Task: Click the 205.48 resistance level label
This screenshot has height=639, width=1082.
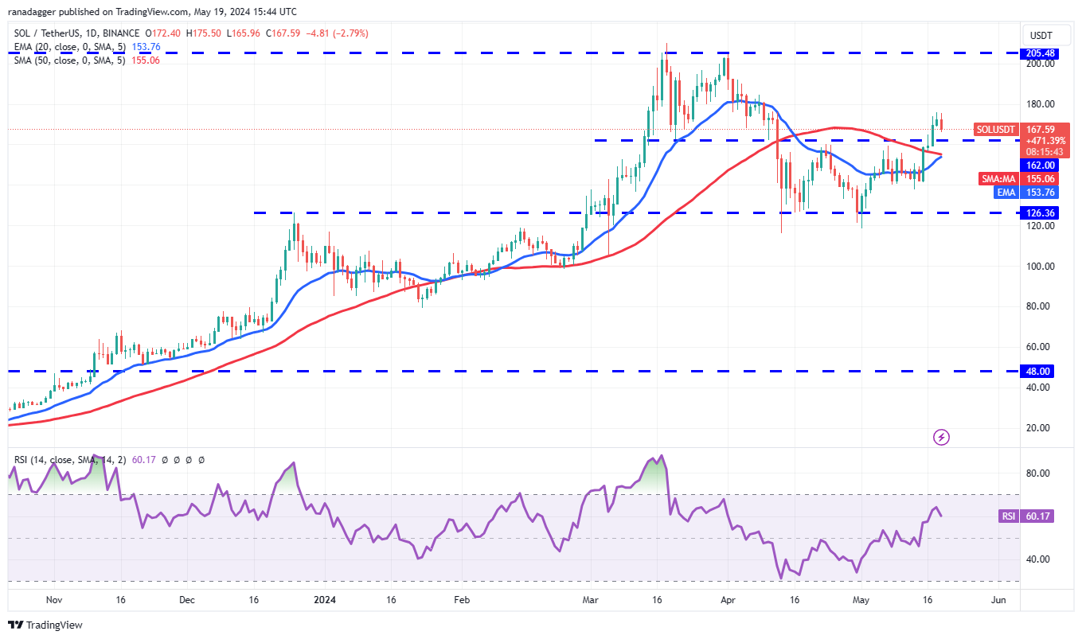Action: tap(1040, 53)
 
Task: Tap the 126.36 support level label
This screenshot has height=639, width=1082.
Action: tap(1040, 212)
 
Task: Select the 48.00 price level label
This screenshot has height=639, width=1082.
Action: tap(1040, 371)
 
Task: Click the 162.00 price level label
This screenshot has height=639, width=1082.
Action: tap(1040, 165)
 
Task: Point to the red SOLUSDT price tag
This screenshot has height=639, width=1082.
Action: tap(996, 129)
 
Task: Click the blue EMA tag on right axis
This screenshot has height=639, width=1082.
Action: tap(1006, 192)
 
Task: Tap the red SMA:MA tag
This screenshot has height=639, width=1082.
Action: tap(998, 179)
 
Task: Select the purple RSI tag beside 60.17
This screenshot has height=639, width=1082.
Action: tap(1008, 516)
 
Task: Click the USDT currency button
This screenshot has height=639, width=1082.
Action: tap(1041, 35)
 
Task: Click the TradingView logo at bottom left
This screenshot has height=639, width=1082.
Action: tap(45, 625)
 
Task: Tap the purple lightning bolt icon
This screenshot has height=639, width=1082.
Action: tap(942, 437)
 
